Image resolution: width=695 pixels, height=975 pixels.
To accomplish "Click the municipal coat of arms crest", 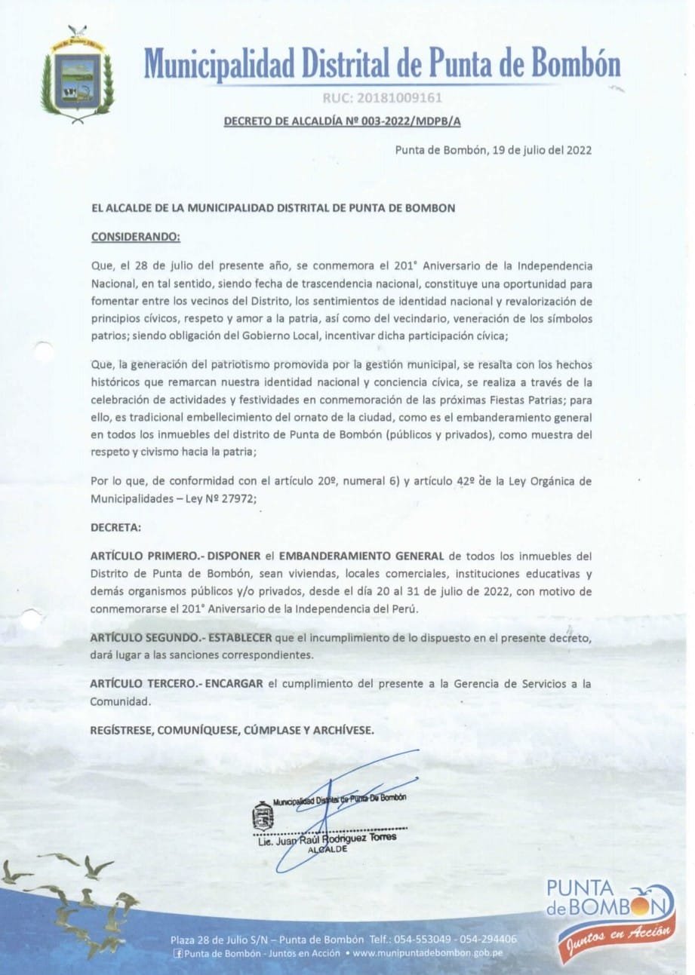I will point(77,73).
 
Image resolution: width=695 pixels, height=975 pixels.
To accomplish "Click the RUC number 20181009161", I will point(382,97).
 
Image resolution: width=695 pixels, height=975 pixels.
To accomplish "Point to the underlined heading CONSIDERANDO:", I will point(135,237).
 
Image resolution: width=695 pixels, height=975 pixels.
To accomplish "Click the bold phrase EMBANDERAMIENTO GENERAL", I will point(361,556).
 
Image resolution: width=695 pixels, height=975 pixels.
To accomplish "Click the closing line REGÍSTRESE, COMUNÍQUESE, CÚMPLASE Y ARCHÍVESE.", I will point(232,730).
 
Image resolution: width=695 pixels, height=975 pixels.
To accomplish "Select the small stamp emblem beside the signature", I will point(262,816).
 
